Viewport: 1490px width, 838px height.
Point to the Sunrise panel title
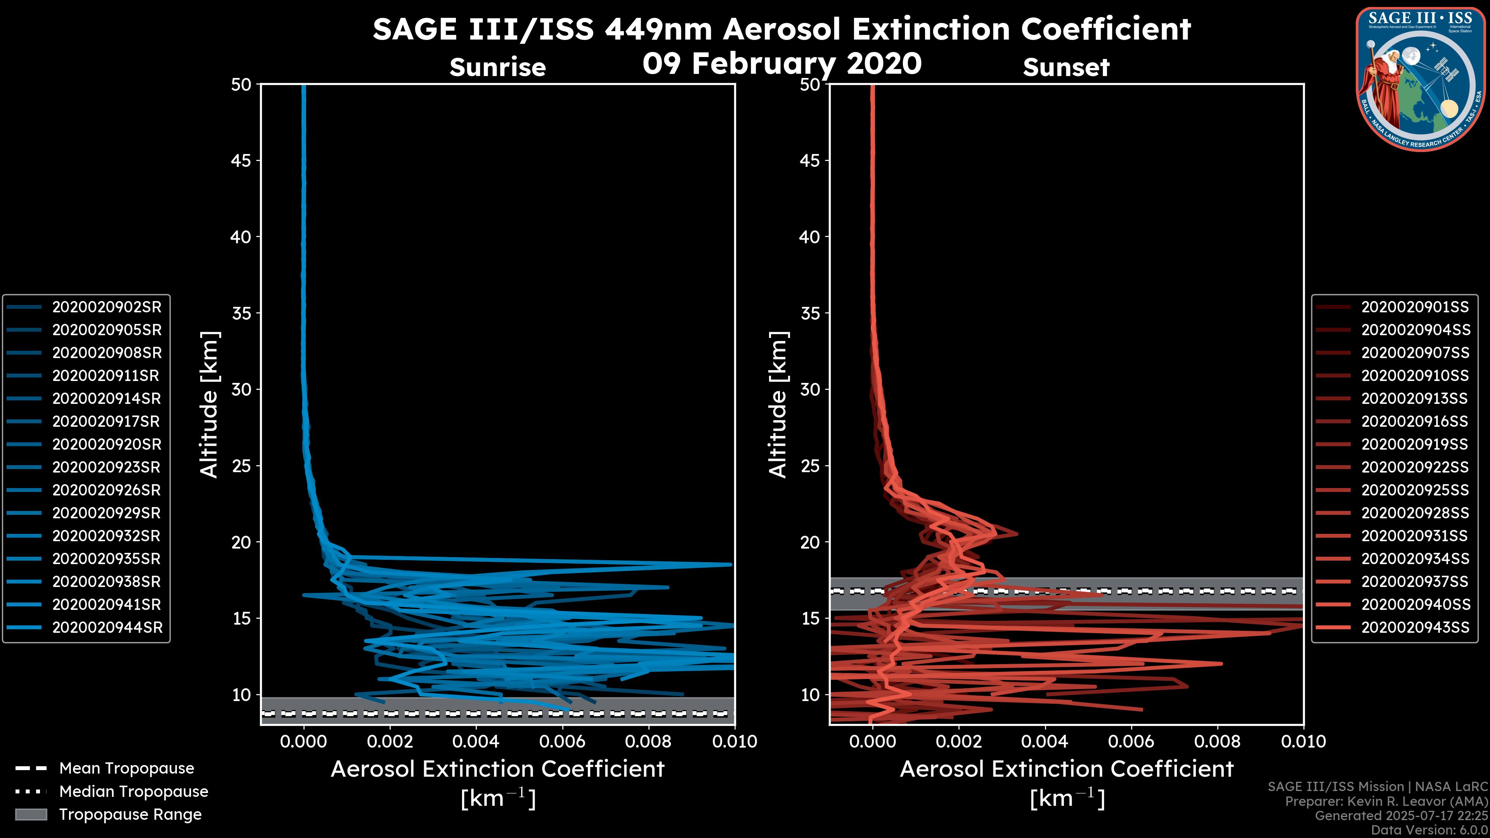click(x=497, y=67)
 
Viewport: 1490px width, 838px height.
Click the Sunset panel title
click(x=1066, y=67)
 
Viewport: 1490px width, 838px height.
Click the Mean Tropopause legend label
click(x=126, y=769)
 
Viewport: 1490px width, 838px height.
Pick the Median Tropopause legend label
click(x=133, y=792)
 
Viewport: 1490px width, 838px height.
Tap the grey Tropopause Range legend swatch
click(x=31, y=815)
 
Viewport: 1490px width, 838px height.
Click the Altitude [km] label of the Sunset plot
click(x=778, y=405)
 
